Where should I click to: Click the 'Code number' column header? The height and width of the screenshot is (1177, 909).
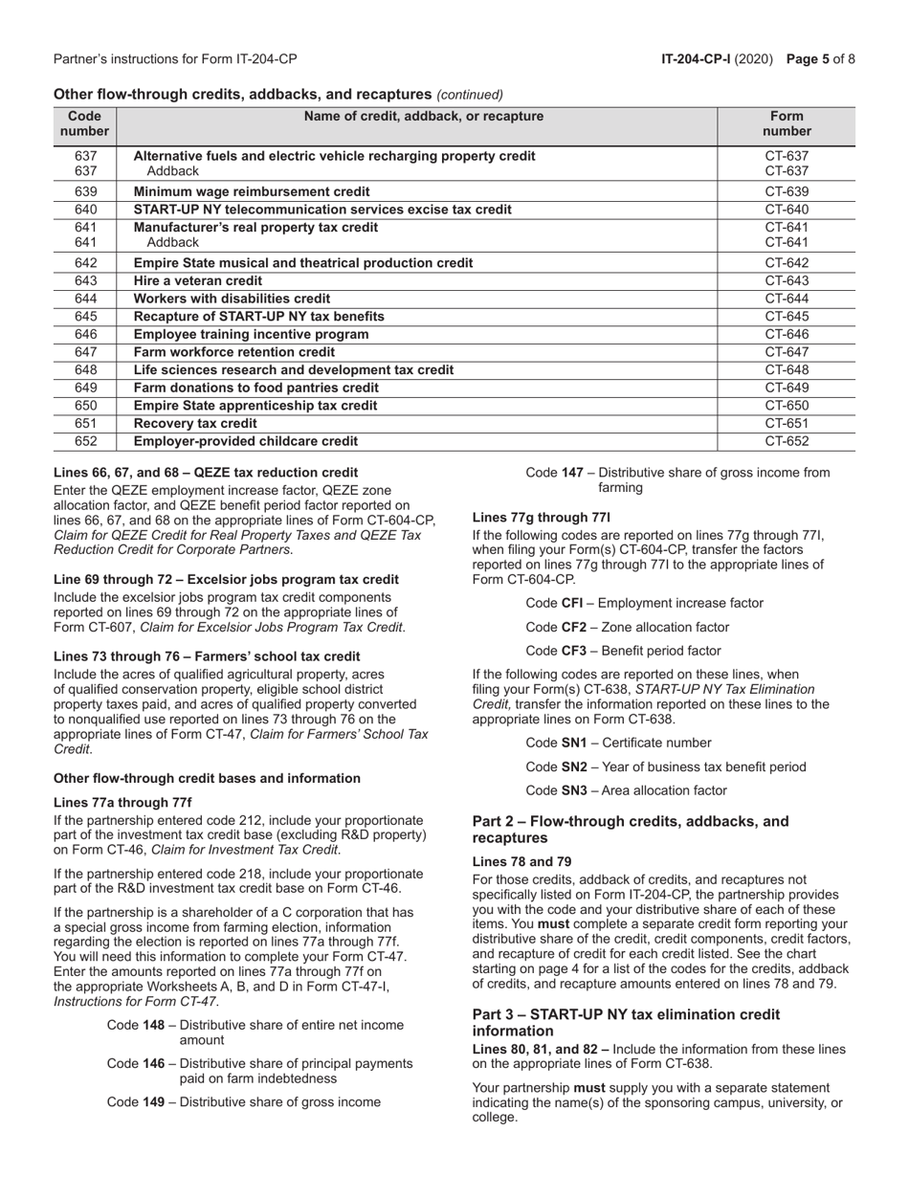point(85,124)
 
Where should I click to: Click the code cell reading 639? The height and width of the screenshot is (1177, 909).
point(85,191)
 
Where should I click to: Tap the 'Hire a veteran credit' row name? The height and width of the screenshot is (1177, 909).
point(198,280)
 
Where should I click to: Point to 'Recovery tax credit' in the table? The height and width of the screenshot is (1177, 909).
point(195,423)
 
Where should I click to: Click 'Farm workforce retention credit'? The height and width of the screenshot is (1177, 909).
point(234,352)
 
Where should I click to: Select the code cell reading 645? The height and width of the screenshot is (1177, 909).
point(85,316)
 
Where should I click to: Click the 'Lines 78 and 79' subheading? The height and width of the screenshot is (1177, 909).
point(522,861)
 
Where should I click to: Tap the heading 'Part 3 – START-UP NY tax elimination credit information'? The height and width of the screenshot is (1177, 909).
point(627,1022)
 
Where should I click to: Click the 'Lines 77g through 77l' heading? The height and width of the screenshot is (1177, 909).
point(542,518)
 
